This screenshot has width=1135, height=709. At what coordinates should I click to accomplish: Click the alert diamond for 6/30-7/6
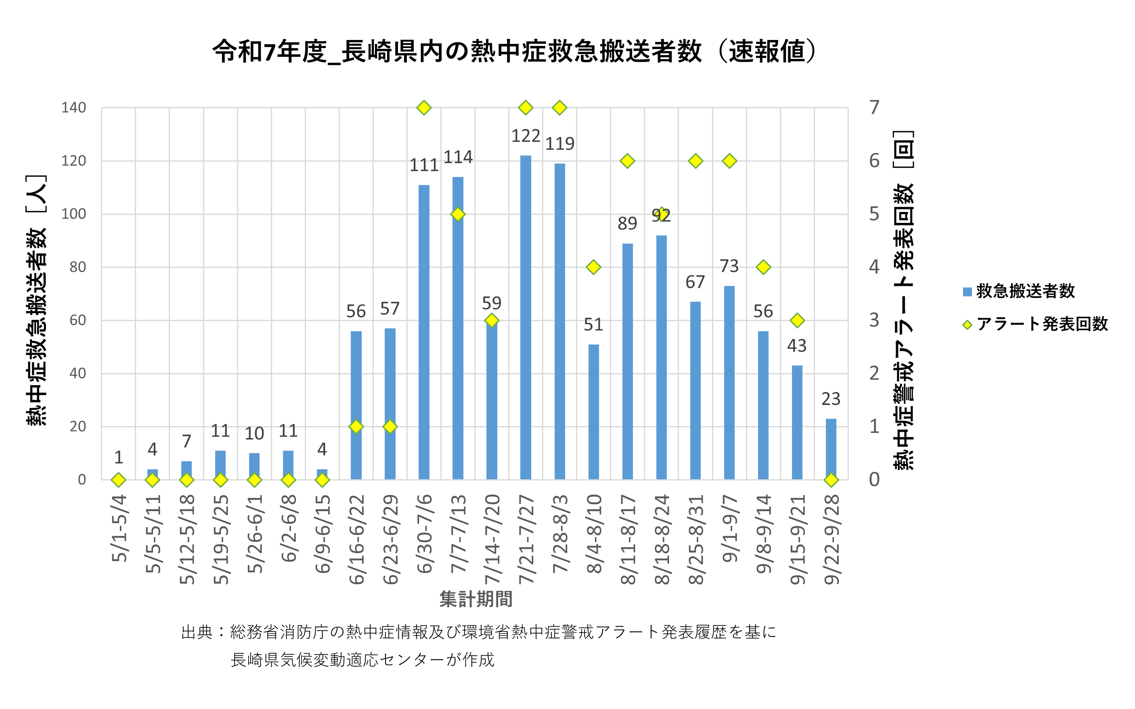424,108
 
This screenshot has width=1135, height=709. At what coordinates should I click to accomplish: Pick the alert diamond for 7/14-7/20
492,321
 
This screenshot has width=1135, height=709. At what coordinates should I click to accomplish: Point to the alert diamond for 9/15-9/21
797,321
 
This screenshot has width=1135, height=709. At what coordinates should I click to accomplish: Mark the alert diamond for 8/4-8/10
593,267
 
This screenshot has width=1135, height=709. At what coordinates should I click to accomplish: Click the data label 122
526,136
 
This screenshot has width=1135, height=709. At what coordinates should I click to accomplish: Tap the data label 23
830,399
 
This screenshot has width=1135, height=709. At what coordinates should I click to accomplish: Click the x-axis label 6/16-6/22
356,539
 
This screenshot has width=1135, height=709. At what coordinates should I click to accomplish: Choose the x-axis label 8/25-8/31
695,539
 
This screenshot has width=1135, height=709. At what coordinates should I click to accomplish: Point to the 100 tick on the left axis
74,214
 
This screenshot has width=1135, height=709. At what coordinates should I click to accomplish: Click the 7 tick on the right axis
874,108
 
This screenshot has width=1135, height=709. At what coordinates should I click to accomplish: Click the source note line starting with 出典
478,632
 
